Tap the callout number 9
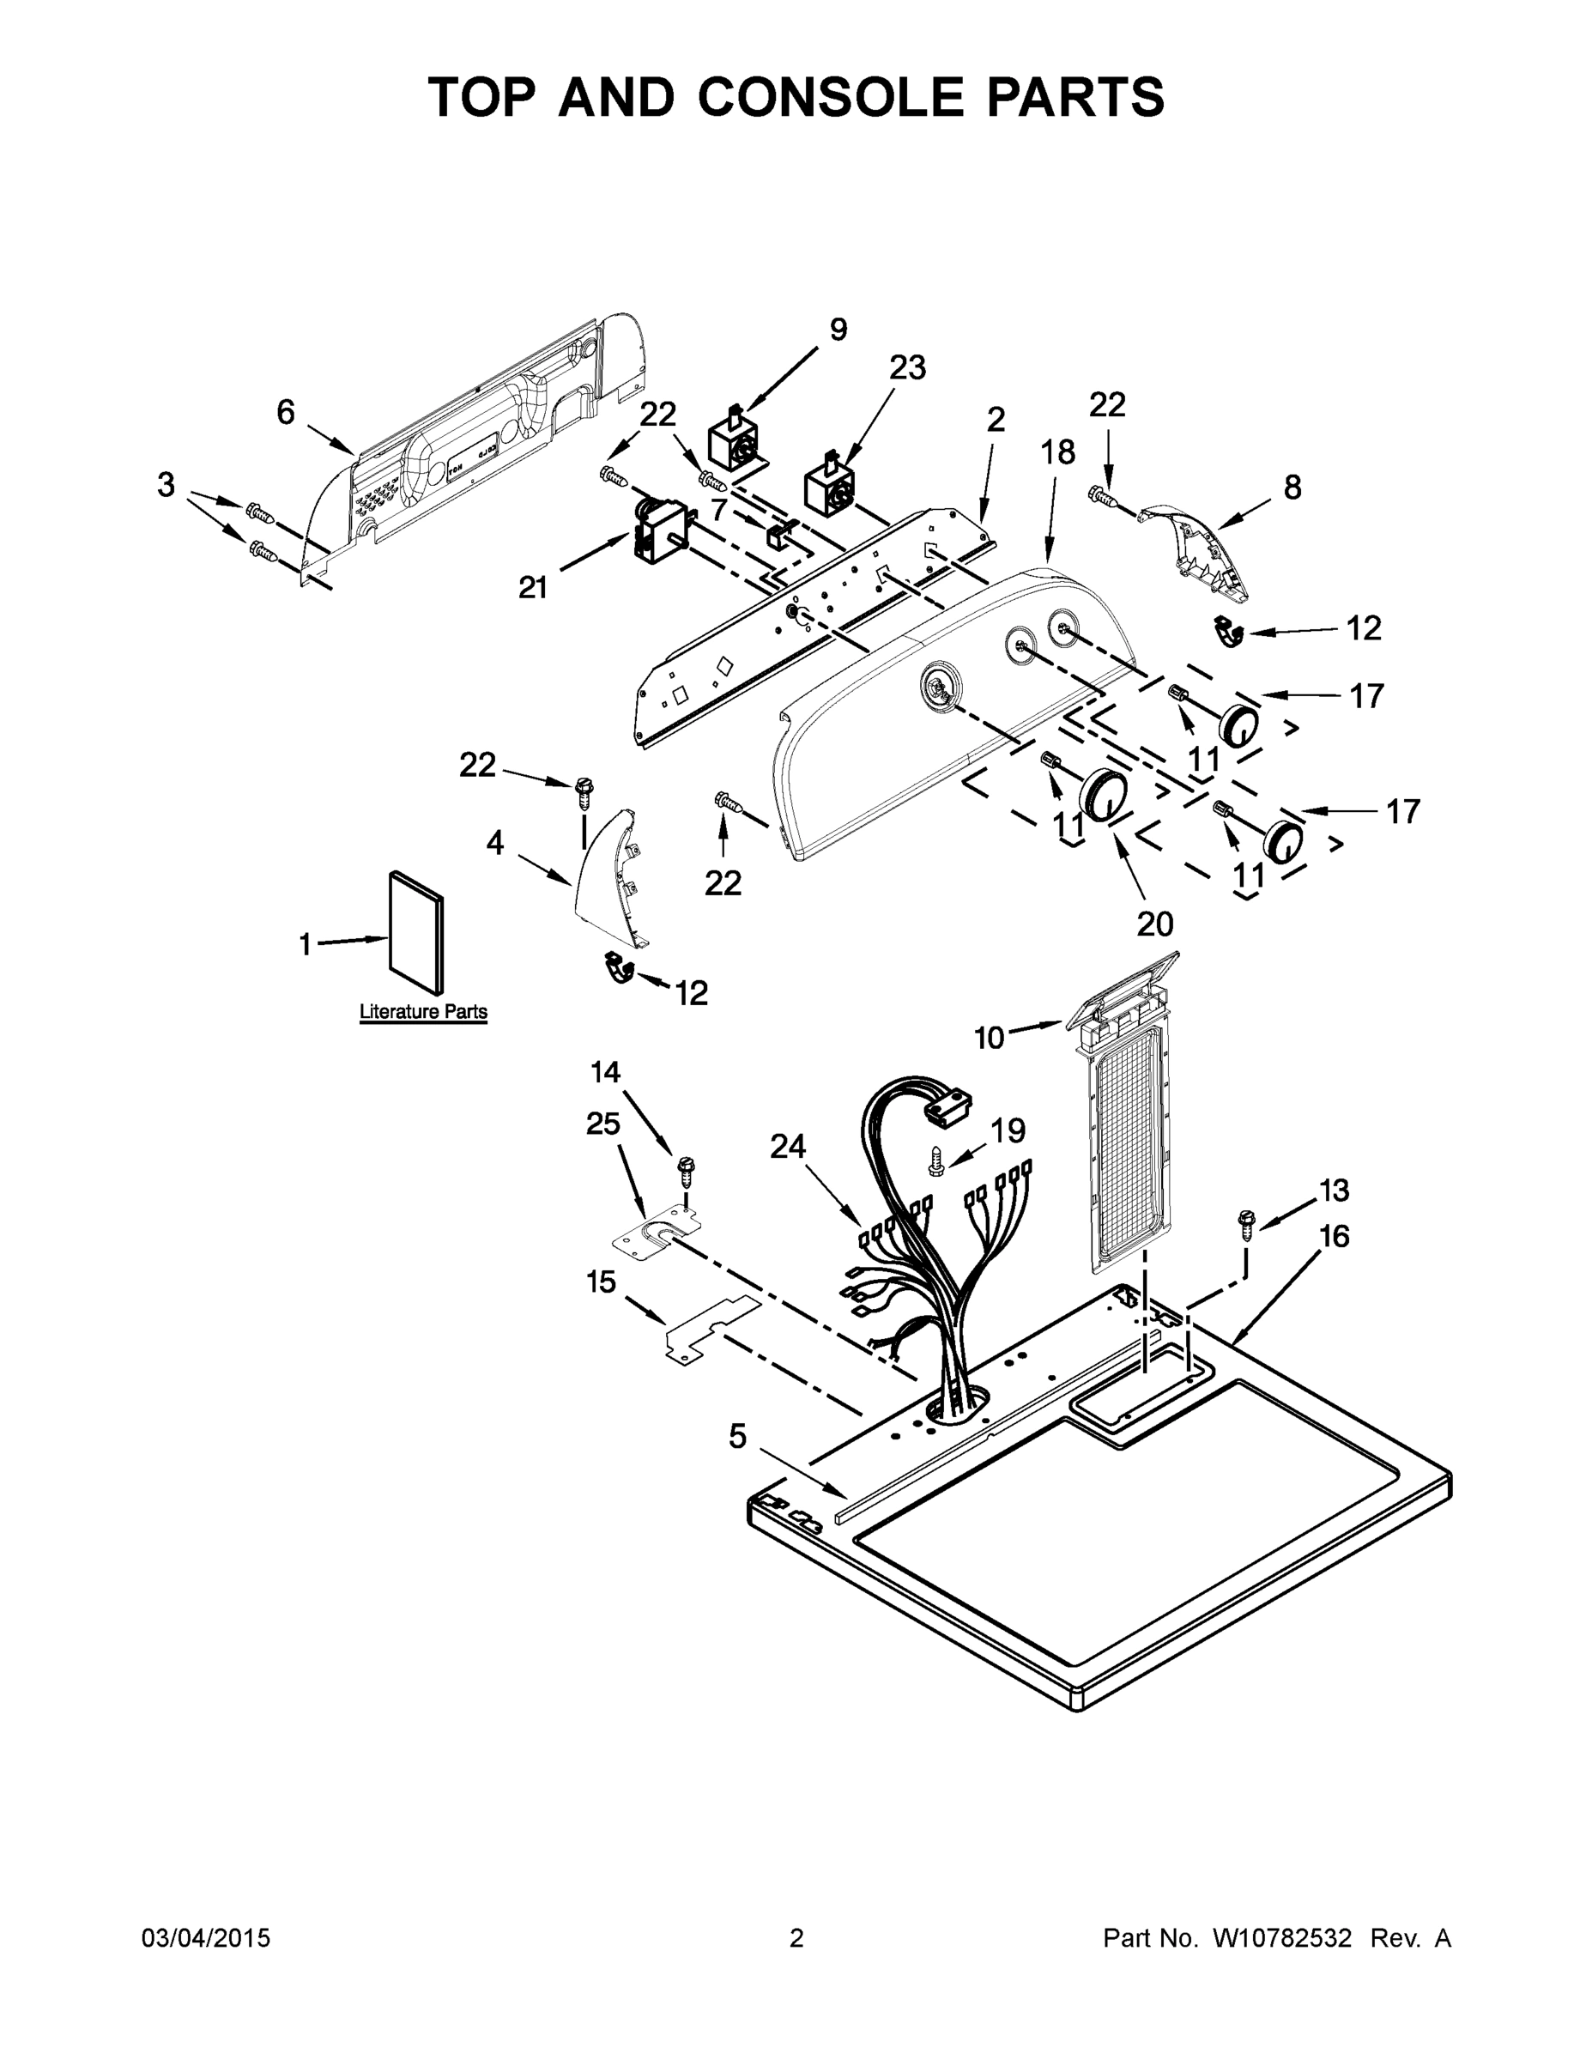coord(838,330)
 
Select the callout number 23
coord(907,368)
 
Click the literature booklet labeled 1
coord(416,932)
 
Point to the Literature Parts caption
coord(423,1011)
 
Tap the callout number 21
coord(533,588)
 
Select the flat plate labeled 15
coord(711,1330)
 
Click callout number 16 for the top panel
coord(1335,1236)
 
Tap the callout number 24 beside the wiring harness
coord(788,1146)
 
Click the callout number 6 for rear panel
coord(285,412)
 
